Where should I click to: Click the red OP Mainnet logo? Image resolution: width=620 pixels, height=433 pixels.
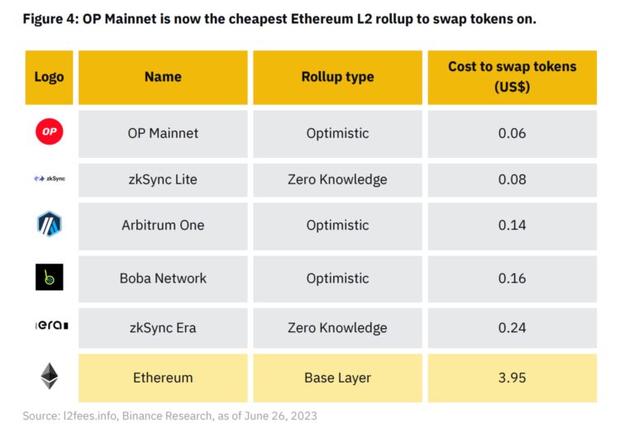50,132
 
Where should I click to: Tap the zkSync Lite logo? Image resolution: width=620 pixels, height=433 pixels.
50,178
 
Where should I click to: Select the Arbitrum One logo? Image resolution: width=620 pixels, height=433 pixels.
50,225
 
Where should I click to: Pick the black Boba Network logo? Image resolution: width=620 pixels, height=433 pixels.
50,278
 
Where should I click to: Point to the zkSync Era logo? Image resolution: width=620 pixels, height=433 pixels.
50,327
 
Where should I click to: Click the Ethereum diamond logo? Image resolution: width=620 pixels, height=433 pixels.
50,377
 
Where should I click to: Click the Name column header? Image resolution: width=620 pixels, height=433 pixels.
163,77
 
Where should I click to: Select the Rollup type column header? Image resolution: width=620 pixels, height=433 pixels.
337,77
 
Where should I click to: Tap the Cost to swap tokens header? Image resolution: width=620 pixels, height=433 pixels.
512,77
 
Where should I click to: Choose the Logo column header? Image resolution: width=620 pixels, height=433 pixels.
50,77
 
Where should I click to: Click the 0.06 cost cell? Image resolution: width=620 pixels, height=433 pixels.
512,132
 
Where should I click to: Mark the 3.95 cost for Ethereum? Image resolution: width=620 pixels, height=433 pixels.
512,378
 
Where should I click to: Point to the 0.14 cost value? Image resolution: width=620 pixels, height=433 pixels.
512,225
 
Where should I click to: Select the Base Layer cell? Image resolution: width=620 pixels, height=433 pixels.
337,378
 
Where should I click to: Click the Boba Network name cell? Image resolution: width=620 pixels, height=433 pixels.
163,278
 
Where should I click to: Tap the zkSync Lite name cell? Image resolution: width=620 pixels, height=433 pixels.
163,178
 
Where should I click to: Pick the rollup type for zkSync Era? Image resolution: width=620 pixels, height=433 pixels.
337,328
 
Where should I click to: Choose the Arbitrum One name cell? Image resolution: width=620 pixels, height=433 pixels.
163,225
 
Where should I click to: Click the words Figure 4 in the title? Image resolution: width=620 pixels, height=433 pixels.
50,19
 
